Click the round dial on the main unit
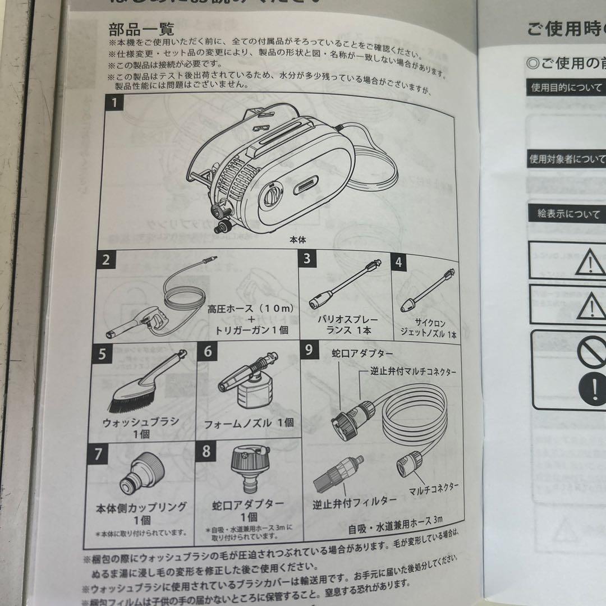click(272, 198)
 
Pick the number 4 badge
click(398, 261)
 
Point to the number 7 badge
click(99, 453)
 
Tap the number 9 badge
click(309, 350)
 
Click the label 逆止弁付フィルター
click(355, 500)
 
